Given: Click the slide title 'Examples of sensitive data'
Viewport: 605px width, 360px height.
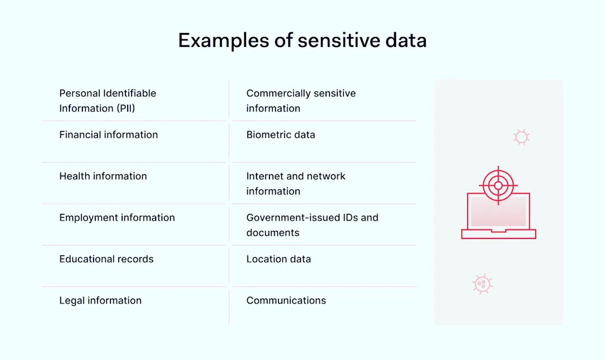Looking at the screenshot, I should [x=302, y=40].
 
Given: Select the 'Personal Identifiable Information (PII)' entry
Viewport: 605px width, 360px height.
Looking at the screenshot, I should [x=108, y=101].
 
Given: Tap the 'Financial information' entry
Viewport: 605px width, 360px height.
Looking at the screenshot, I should [x=109, y=135].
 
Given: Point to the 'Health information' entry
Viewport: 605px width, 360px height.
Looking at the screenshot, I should [x=103, y=176].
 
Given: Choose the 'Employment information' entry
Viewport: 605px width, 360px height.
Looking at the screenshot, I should [x=117, y=218].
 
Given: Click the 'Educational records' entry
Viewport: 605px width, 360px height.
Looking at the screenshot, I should [x=106, y=259].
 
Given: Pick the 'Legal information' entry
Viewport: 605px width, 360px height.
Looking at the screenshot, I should [x=100, y=301].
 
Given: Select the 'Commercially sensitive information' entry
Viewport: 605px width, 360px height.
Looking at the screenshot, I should [x=301, y=101].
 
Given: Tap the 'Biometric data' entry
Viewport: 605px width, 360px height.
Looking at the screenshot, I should [x=281, y=135].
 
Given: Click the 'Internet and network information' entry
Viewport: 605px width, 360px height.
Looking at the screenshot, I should [x=296, y=184].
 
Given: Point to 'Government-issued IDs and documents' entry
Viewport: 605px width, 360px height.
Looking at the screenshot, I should [x=312, y=225].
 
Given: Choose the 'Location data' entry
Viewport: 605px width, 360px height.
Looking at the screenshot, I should [x=278, y=259].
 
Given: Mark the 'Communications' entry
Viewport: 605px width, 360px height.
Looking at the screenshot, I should [x=286, y=301].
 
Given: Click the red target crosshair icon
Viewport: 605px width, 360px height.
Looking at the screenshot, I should [x=498, y=185].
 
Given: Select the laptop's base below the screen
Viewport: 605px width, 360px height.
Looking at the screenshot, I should [x=499, y=234].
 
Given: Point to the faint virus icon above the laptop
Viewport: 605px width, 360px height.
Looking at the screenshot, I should [x=522, y=137].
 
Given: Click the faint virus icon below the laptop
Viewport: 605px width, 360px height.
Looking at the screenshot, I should [x=482, y=284].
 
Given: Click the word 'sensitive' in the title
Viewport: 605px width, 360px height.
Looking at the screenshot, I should [x=341, y=40].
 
